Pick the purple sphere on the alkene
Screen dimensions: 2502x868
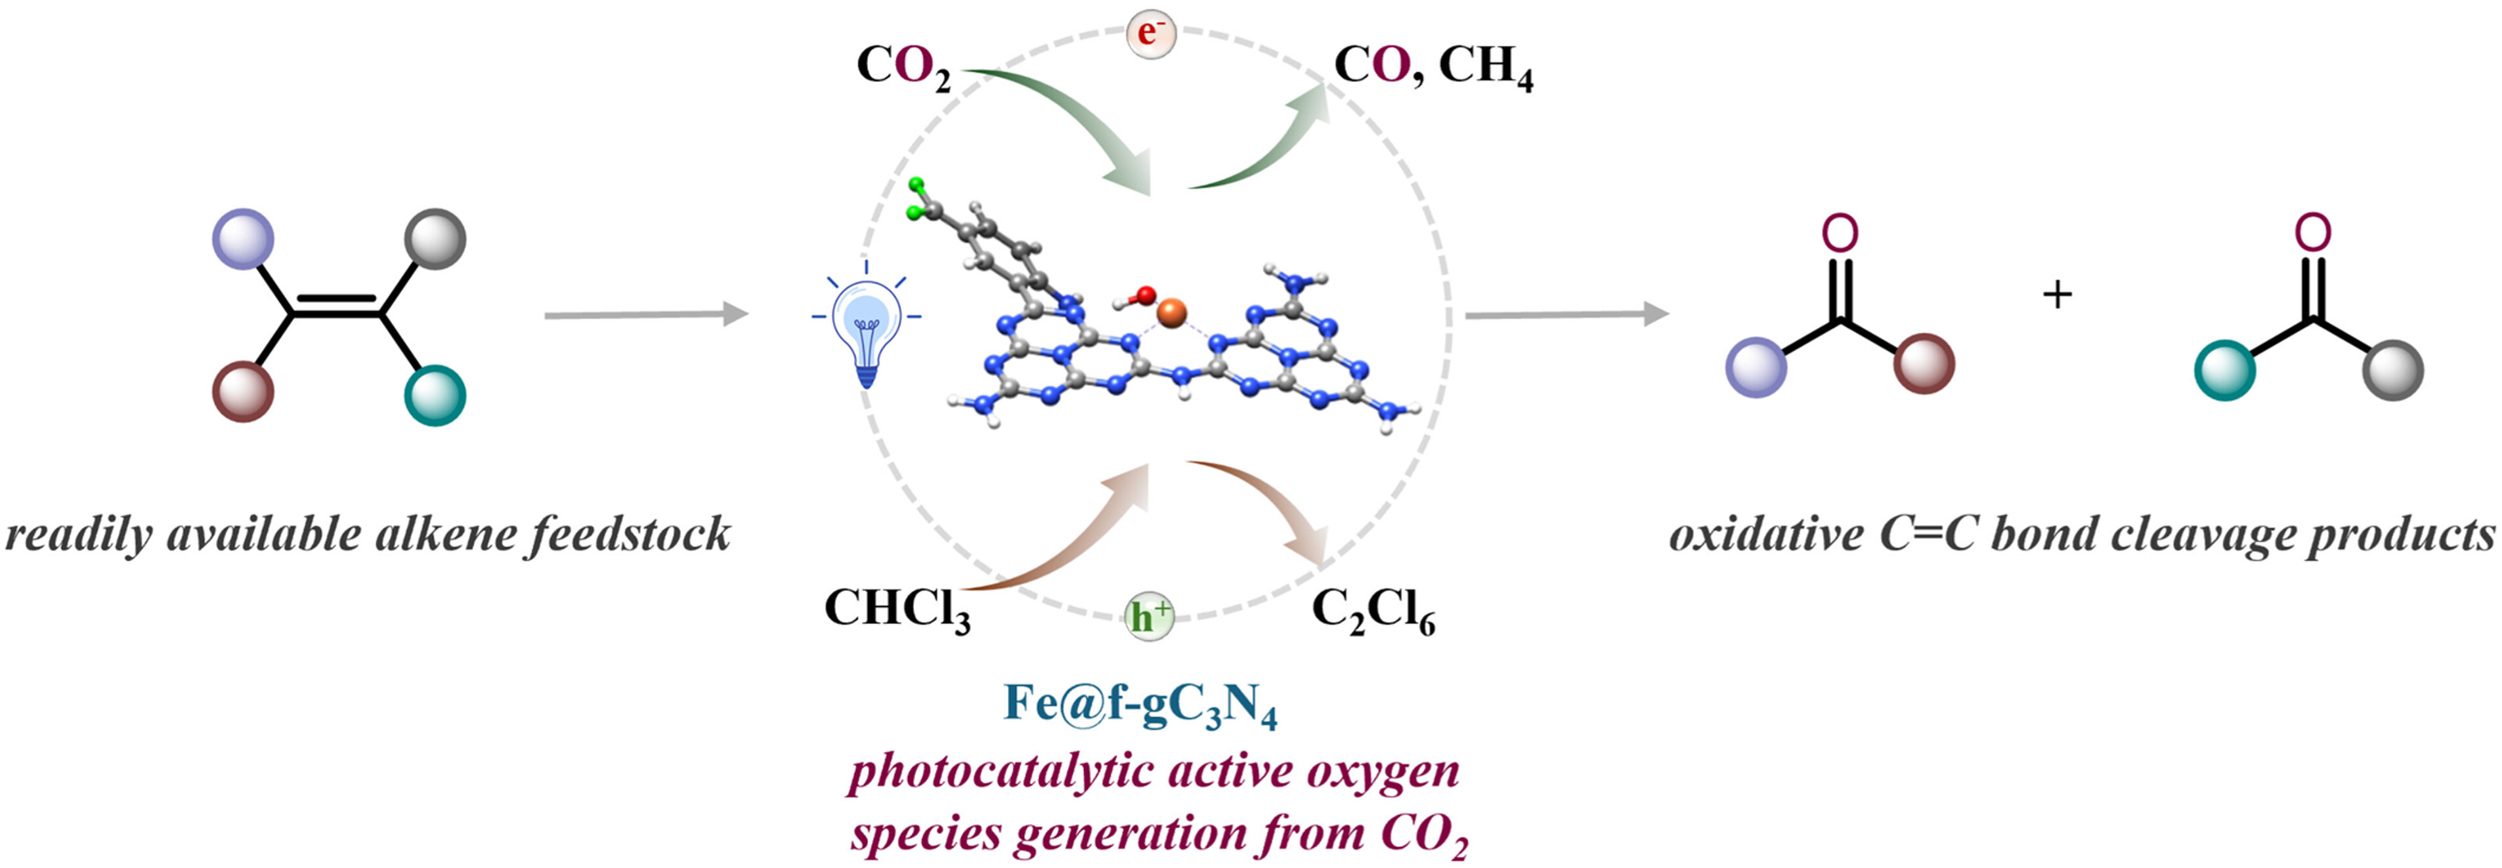pyautogui.click(x=243, y=238)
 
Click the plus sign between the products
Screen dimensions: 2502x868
pyautogui.click(x=2057, y=293)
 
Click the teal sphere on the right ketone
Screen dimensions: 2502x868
pyautogui.click(x=2225, y=370)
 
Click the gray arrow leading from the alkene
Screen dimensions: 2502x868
pyautogui.click(x=647, y=314)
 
